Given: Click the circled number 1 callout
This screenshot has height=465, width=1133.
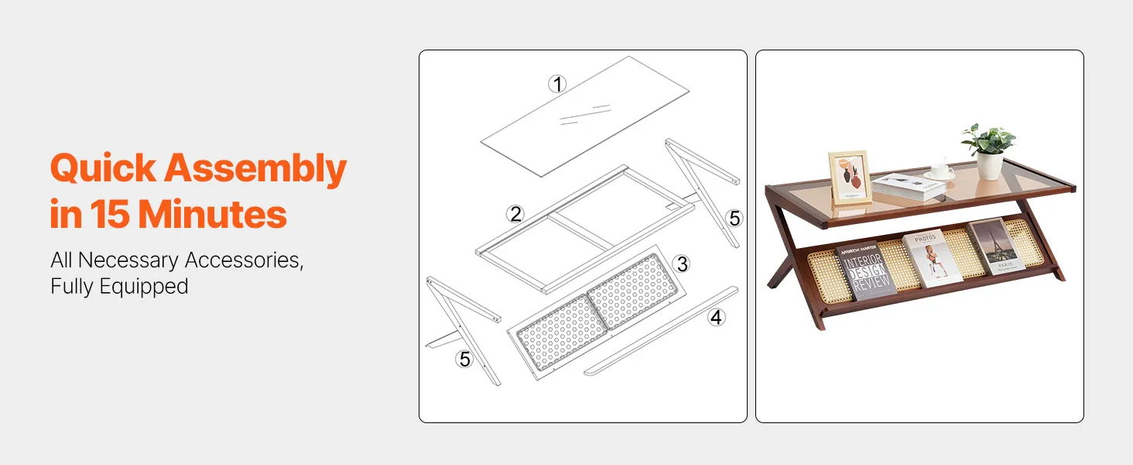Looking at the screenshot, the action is click(557, 84).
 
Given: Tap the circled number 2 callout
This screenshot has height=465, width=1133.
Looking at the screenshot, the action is click(515, 214).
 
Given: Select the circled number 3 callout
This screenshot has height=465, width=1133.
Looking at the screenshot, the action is click(682, 264).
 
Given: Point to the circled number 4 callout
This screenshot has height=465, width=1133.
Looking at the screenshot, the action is click(716, 318).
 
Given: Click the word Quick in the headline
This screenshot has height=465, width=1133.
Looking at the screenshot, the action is click(103, 168).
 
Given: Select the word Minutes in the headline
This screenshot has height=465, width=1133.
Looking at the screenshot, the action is click(212, 214).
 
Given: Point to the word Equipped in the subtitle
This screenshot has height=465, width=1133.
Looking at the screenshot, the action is click(144, 287).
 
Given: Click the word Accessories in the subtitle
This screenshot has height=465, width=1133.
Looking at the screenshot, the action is click(244, 260).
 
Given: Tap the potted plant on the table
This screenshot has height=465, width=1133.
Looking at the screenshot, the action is click(989, 150).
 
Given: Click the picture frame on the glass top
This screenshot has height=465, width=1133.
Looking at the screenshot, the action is click(851, 177).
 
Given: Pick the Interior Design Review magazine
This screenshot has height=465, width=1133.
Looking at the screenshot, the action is click(865, 270).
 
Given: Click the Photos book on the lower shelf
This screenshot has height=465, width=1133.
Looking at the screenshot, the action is click(932, 258).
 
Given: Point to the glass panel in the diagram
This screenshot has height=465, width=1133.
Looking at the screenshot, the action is click(585, 116).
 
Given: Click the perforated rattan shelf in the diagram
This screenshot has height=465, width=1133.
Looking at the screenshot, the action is click(597, 312).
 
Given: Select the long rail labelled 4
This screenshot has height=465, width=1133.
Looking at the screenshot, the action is click(661, 331).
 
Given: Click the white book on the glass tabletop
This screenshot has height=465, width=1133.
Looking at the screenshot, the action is click(909, 185).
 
